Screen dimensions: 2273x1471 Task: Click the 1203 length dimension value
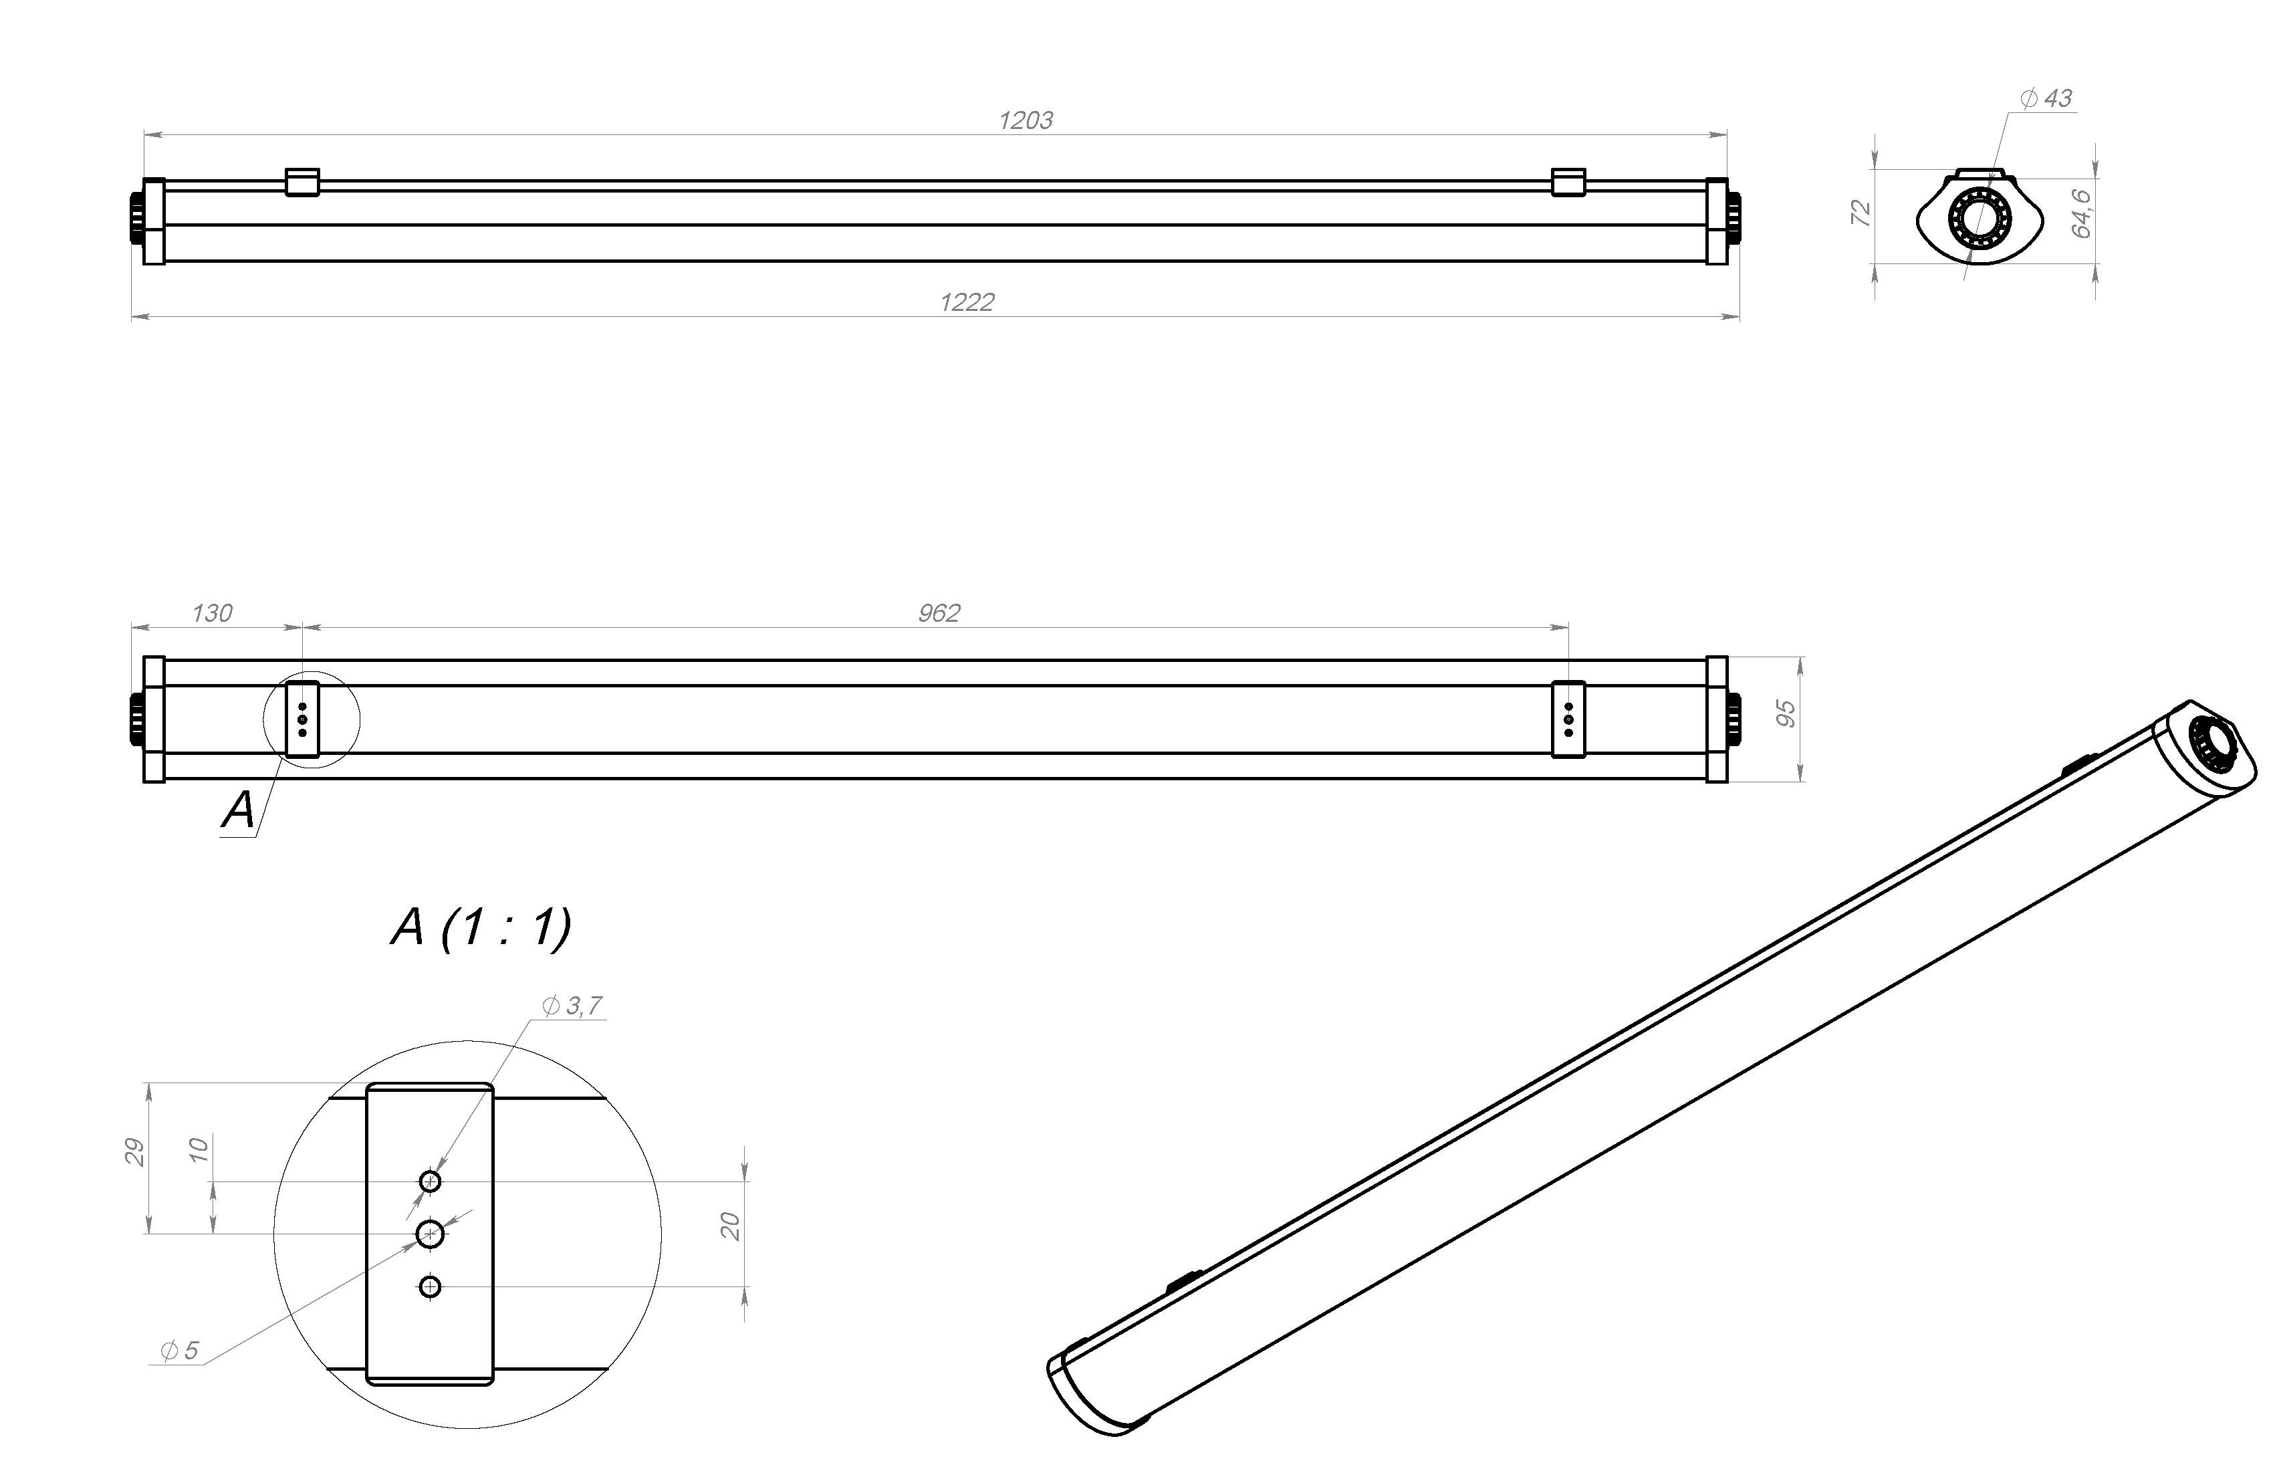tap(1026, 120)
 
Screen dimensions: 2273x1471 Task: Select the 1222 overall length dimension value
tap(967, 303)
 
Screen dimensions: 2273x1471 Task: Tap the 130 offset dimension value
tap(211, 613)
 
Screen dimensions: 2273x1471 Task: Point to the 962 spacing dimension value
tap(939, 613)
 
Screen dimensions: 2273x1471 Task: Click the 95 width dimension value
tap(1786, 713)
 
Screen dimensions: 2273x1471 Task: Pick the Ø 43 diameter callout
tap(2046, 98)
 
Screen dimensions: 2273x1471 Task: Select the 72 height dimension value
tap(1861, 213)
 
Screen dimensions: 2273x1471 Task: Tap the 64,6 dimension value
tap(2081, 213)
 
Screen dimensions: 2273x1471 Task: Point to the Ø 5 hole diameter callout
tap(180, 1351)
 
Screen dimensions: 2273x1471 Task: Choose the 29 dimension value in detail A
tap(136, 1152)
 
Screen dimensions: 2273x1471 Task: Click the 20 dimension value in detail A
tap(731, 1226)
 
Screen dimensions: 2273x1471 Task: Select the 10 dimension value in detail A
tap(199, 1149)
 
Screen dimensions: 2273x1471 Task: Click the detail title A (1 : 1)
tap(481, 927)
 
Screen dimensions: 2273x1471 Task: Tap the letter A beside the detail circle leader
tap(239, 810)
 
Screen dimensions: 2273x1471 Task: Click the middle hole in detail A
tap(431, 1234)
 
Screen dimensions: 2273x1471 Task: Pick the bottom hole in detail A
tap(431, 1286)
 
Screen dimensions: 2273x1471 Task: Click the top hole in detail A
tap(431, 1181)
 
